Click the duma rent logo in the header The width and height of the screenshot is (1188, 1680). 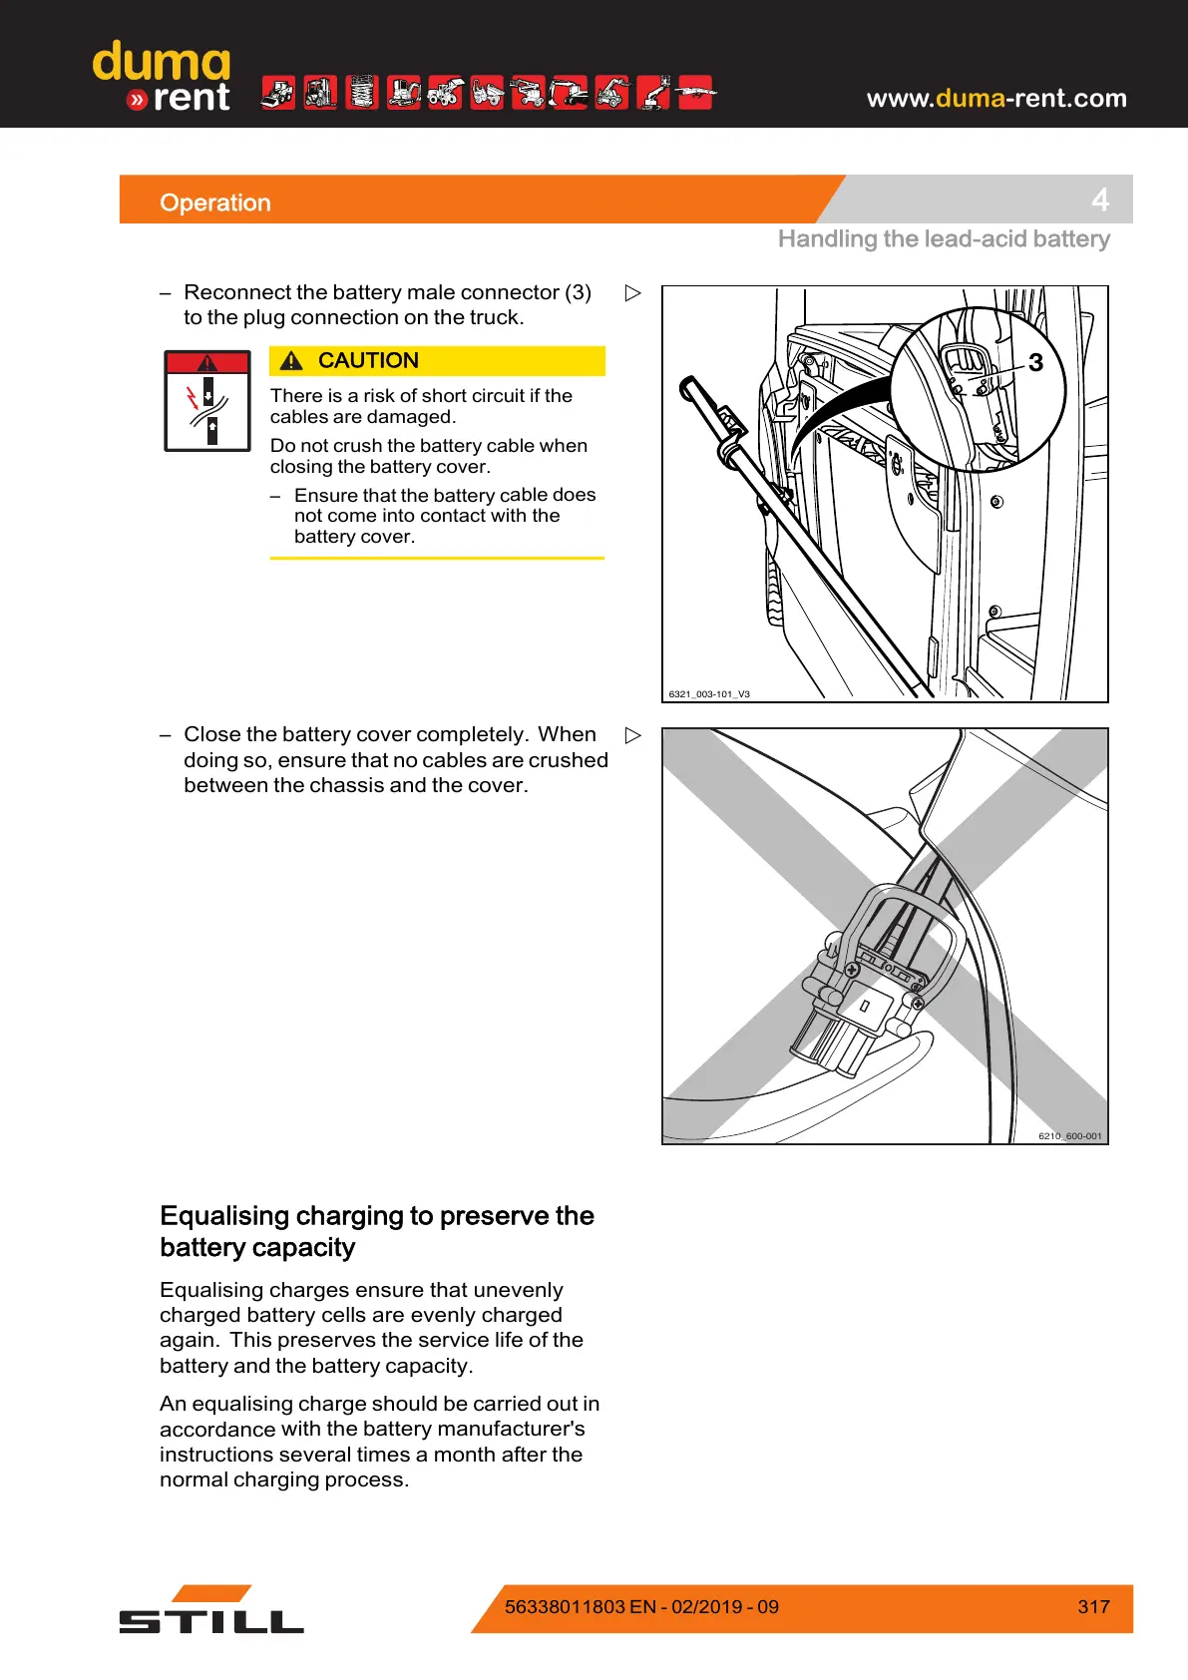coord(163,77)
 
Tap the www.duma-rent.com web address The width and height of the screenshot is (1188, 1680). coord(995,98)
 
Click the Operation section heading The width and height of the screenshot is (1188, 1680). coord(215,203)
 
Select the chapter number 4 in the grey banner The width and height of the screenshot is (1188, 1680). coord(1100,200)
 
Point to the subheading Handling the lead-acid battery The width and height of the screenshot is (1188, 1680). coord(944,239)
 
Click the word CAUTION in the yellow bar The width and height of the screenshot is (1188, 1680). coord(368,360)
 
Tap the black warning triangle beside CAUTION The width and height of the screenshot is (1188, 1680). coord(291,361)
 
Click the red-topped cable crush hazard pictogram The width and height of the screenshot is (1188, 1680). coord(207,401)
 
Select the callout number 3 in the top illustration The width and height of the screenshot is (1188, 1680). coord(1035,362)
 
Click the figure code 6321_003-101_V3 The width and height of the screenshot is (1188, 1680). coord(709,693)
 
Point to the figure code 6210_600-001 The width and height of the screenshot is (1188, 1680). coord(1069,1135)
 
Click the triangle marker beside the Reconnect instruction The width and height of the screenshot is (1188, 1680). coord(632,293)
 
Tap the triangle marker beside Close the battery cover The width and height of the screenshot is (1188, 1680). coord(632,735)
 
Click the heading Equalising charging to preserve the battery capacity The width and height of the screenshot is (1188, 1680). coord(376,1231)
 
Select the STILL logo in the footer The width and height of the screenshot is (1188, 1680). coord(211,1610)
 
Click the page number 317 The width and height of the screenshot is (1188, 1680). coord(1093,1606)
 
